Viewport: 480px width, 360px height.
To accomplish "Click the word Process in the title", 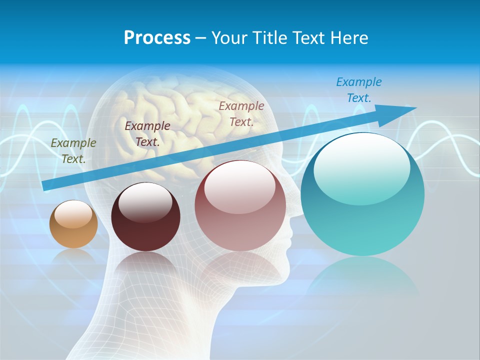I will [157, 38].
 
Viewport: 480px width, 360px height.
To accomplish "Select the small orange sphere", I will [73, 224].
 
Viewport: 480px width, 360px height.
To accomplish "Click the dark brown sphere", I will [145, 217].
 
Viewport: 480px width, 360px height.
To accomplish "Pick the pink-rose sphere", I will [240, 206].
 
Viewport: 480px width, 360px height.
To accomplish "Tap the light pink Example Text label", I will [241, 114].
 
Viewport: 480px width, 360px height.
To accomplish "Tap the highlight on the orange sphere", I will [73, 214].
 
